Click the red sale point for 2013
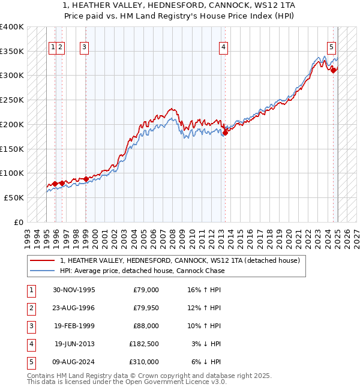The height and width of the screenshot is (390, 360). (x=226, y=132)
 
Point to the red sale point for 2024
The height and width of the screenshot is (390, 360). (x=334, y=71)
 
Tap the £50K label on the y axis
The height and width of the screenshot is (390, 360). (x=14, y=197)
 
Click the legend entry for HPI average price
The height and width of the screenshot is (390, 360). (x=142, y=271)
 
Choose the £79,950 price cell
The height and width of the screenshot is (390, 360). (x=145, y=308)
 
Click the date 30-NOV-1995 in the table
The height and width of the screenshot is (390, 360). (x=74, y=290)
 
